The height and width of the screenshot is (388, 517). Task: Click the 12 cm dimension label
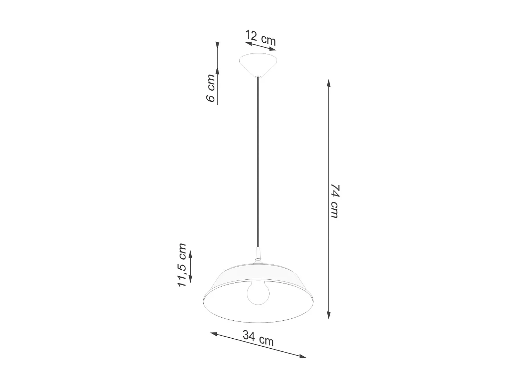coord(261,38)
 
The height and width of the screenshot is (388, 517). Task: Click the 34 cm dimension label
coord(258,338)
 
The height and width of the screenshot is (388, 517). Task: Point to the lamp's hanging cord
coord(258,162)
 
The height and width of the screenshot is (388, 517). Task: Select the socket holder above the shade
coord(258,255)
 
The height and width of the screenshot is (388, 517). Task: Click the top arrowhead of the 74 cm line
coord(329,83)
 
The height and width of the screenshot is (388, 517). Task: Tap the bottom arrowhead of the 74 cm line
coord(329,315)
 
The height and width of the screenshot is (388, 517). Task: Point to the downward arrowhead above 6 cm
coord(217,46)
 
